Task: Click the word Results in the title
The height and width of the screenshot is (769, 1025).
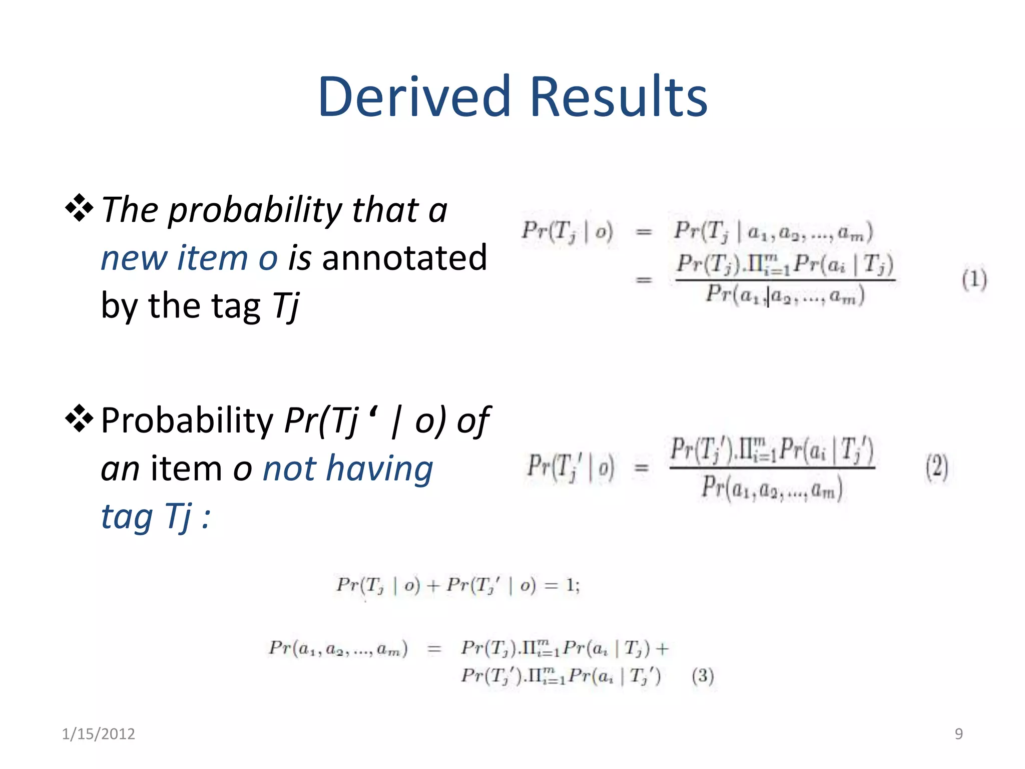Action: [x=619, y=96]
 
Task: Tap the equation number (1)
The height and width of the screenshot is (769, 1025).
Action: [x=974, y=279]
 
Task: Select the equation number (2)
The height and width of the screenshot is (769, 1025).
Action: [x=936, y=467]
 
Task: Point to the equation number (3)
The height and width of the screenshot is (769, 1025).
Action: [x=703, y=676]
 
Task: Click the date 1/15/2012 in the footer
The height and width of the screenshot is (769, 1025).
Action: [x=98, y=733]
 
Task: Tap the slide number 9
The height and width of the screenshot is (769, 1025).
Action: [x=958, y=733]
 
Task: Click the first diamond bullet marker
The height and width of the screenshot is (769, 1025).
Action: [x=79, y=208]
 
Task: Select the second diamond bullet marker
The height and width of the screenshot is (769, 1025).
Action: [x=79, y=419]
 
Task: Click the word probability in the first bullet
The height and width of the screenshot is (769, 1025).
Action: [x=255, y=210]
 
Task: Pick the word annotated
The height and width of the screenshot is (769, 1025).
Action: [x=404, y=258]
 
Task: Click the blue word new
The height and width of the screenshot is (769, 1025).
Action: [x=134, y=258]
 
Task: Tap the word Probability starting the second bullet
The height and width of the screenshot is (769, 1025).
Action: [x=187, y=421]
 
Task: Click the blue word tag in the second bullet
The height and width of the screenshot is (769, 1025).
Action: [x=127, y=517]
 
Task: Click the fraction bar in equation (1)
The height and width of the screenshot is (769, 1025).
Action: [x=785, y=280]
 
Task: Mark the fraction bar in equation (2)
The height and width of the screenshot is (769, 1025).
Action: [x=772, y=468]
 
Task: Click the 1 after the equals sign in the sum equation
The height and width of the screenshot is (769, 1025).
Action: [x=570, y=584]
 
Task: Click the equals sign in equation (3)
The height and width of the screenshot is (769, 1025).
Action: [x=434, y=649]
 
